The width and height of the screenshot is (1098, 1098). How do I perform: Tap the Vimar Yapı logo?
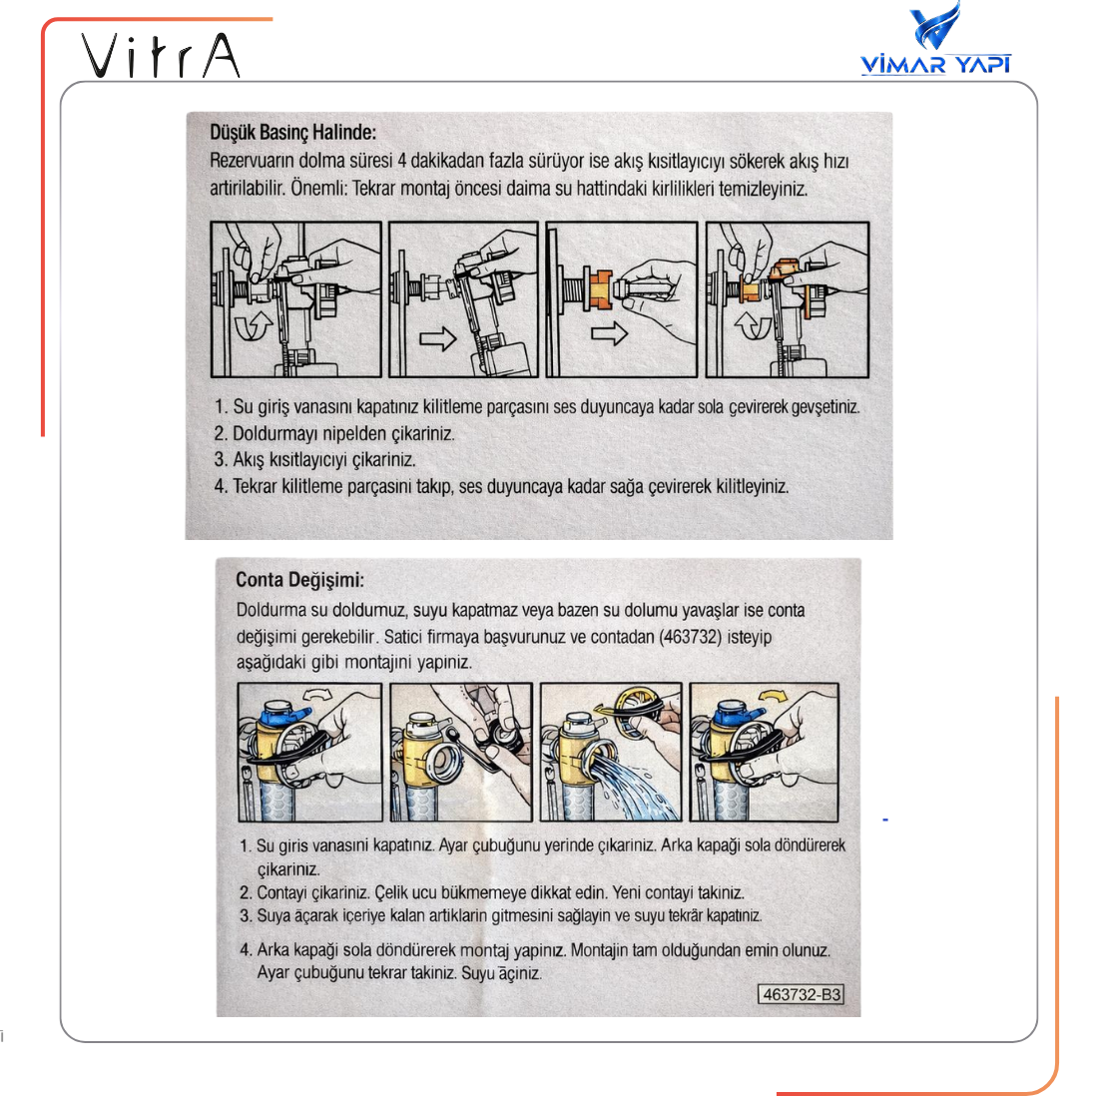click(935, 42)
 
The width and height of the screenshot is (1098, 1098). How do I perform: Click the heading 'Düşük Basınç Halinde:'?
click(292, 133)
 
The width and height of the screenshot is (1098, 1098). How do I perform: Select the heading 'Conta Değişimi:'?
click(299, 580)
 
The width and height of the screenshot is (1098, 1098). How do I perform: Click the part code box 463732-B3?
click(802, 994)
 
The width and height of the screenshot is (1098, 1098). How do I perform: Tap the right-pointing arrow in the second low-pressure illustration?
click(437, 339)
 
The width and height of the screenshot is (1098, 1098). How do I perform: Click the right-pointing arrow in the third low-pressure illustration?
click(609, 332)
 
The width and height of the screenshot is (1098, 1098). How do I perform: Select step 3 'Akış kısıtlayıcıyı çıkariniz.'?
click(313, 460)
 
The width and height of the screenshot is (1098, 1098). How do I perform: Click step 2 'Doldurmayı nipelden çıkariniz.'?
click(333, 434)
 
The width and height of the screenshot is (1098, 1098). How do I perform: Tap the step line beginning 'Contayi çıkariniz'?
click(499, 892)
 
